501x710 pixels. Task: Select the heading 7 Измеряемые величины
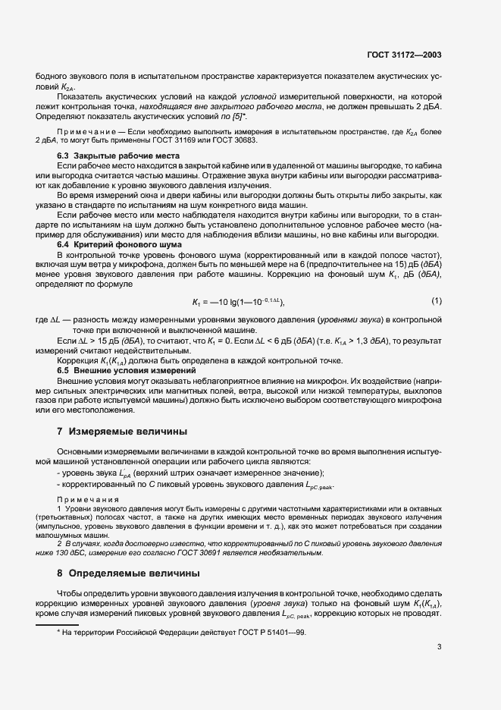point(123,432)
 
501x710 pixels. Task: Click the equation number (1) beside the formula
point(436,301)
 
